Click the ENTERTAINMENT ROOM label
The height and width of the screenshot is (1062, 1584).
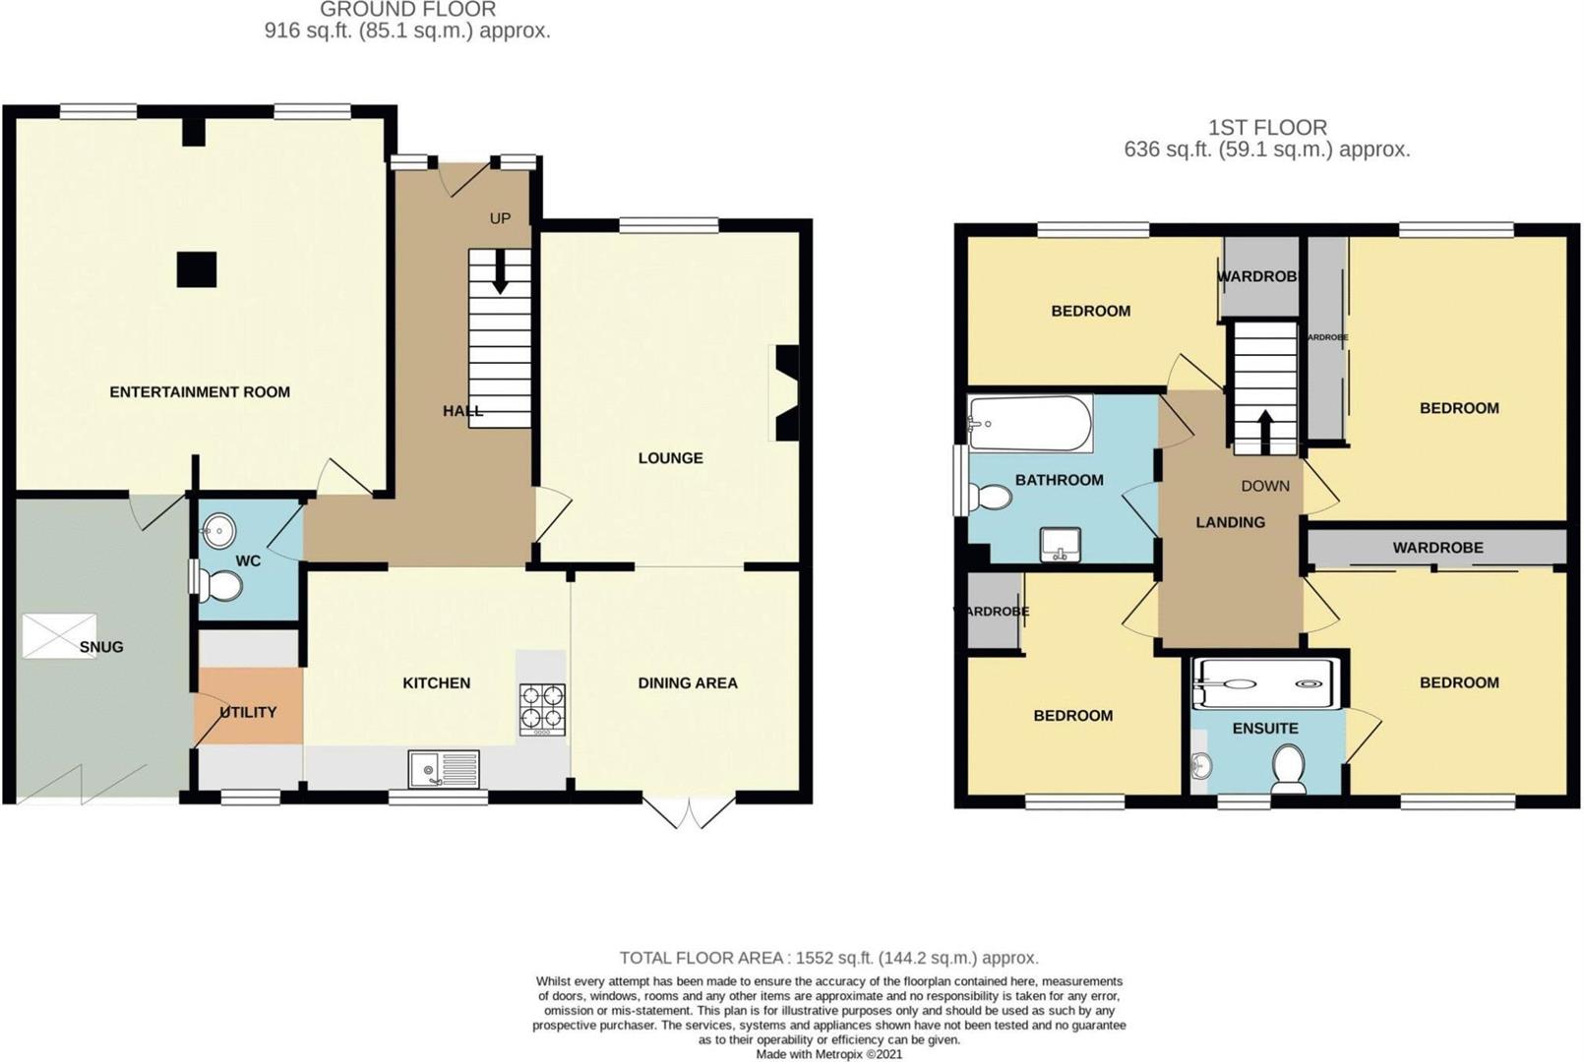pos(200,391)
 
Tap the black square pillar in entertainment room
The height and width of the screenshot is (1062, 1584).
pos(196,269)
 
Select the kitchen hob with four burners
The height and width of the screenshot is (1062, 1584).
pos(542,709)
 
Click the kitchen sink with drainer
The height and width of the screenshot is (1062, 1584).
pos(445,768)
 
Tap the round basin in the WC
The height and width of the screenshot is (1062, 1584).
pos(218,533)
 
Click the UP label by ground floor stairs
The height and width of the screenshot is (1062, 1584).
pos(500,218)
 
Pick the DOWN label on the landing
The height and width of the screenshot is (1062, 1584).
pos(1264,486)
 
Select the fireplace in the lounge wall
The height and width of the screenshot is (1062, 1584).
pos(787,392)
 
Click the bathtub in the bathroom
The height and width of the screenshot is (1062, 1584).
pos(1029,424)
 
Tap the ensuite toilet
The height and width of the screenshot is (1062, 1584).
pos(1287,767)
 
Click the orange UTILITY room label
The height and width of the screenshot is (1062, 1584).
pos(248,712)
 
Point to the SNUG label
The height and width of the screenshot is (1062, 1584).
pos(101,647)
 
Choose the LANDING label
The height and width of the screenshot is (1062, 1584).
pos(1230,522)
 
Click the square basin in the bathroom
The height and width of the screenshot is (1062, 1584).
pos(1061,545)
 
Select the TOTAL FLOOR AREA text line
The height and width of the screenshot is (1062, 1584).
pos(828,958)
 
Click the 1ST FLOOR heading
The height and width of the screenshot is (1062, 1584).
pos(1267,128)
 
